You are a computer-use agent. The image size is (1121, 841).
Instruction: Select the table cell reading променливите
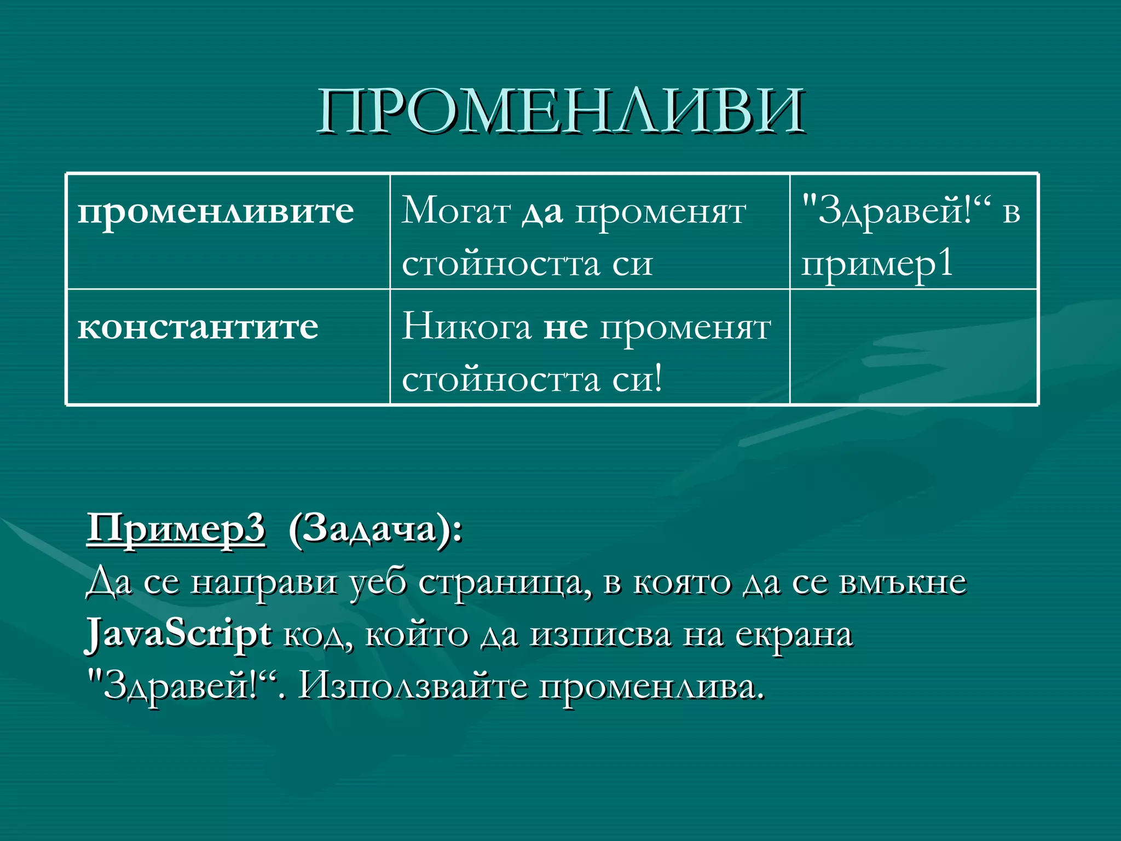pyautogui.click(x=216, y=211)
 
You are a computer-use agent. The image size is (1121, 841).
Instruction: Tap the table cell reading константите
pyautogui.click(x=198, y=327)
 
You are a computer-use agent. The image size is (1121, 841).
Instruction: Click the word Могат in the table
pyautogui.click(x=456, y=211)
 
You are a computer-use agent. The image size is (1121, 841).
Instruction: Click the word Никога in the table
pyautogui.click(x=466, y=327)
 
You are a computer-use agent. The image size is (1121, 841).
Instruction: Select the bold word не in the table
pyautogui.click(x=565, y=327)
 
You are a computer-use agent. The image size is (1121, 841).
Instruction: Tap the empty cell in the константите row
pyautogui.click(x=913, y=347)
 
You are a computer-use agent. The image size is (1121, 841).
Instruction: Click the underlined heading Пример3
pyautogui.click(x=176, y=529)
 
